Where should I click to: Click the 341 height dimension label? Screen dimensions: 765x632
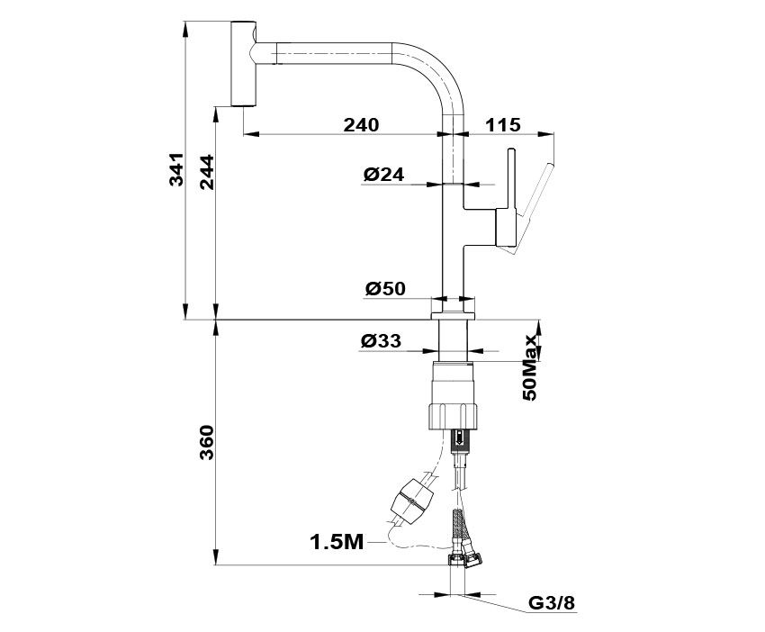[x=176, y=169]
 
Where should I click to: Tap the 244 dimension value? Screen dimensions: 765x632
[x=207, y=172]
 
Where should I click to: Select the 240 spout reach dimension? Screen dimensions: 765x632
[x=361, y=125]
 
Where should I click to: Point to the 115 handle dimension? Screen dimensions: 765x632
[x=503, y=125]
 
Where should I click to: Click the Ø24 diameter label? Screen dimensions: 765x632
[x=384, y=174]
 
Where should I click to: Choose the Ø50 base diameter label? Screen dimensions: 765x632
[x=385, y=288]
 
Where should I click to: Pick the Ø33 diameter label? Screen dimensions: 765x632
[x=382, y=340]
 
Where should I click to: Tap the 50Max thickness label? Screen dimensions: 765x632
[x=529, y=367]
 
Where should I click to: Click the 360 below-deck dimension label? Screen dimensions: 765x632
[x=207, y=442]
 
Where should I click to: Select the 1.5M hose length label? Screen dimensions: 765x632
[x=337, y=542]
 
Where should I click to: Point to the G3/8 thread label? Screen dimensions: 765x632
[x=553, y=603]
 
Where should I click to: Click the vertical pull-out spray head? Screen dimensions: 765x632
[x=243, y=63]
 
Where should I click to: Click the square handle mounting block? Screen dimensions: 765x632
[x=506, y=227]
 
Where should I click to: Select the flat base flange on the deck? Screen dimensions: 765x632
[x=454, y=315]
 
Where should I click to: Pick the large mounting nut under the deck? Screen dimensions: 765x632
[x=454, y=395]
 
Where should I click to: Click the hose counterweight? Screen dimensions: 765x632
[x=412, y=501]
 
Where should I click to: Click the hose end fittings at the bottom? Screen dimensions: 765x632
[x=466, y=559]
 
